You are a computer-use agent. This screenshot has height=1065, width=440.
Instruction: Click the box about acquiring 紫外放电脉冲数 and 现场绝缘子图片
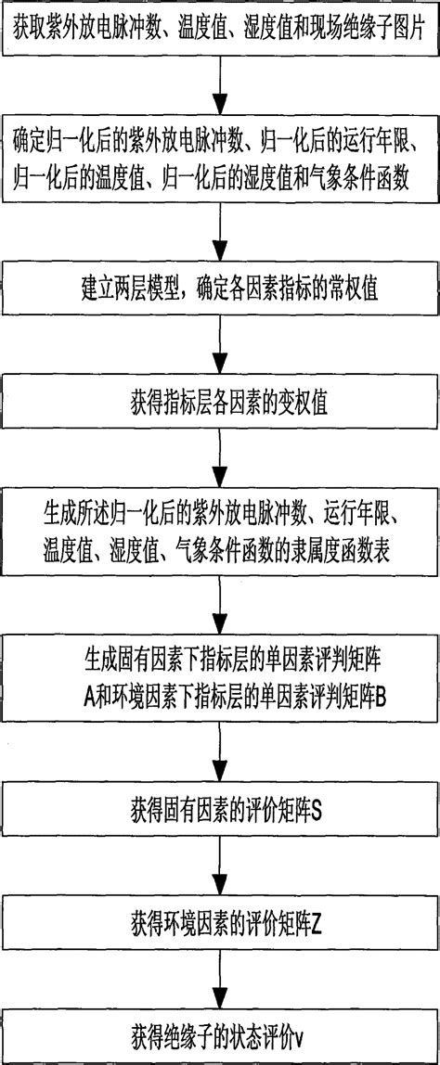220,35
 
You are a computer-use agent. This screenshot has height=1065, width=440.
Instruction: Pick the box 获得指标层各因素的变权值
220,404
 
